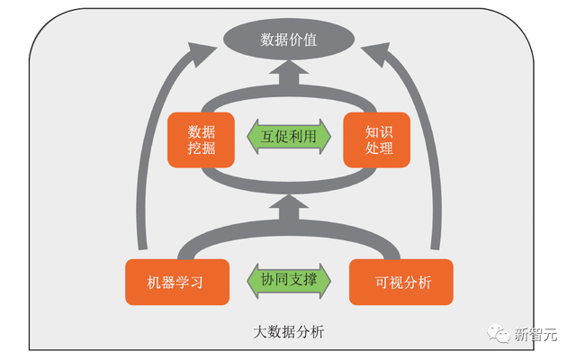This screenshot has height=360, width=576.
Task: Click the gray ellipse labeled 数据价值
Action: pyautogui.click(x=288, y=40)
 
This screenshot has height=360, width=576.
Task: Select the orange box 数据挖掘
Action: pyautogui.click(x=202, y=139)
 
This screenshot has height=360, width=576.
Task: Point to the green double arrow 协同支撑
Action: pyautogui.click(x=289, y=283)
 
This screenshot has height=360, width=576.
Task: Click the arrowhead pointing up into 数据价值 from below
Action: pyautogui.click(x=289, y=77)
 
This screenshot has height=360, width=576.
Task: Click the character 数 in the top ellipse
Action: pyautogui.click(x=267, y=40)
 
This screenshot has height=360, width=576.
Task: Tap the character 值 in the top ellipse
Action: pyautogui.click(x=309, y=40)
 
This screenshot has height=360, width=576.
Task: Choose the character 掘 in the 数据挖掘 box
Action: pyautogui.click(x=209, y=149)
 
